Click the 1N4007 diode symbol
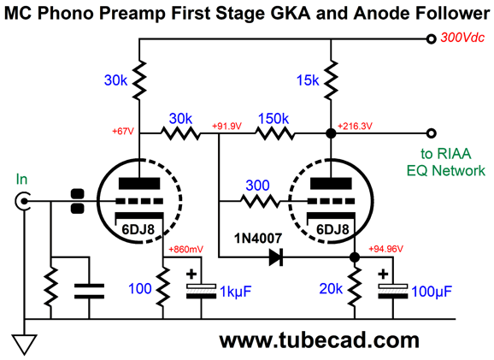(x=276, y=257)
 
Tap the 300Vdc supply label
(x=462, y=38)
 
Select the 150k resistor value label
(x=273, y=119)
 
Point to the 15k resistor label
(x=308, y=80)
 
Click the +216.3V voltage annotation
(x=355, y=127)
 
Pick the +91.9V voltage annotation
(x=226, y=127)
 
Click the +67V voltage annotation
(x=123, y=131)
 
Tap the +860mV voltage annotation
(x=185, y=250)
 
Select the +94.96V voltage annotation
(x=386, y=249)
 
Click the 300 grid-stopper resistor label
(x=257, y=186)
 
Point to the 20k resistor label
(x=331, y=288)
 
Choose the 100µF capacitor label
(x=432, y=292)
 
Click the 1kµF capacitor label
(x=235, y=292)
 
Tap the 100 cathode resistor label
(x=140, y=288)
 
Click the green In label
(x=21, y=180)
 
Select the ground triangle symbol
(x=24, y=345)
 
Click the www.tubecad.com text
(x=319, y=340)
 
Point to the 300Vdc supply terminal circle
(x=431, y=38)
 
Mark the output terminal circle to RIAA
(x=431, y=133)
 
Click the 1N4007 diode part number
(x=258, y=239)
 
